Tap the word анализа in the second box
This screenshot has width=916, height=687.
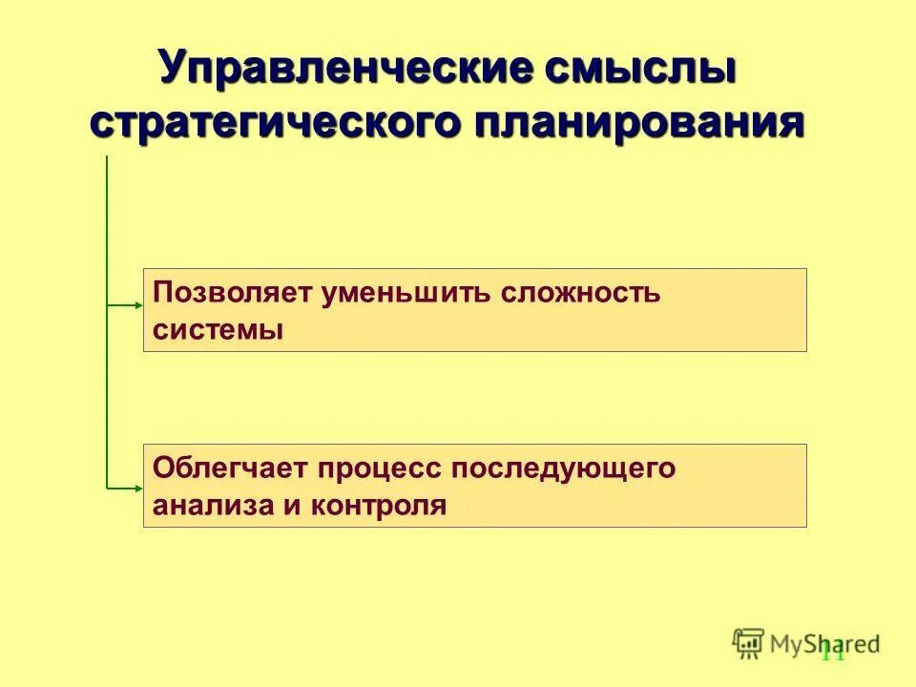pyautogui.click(x=201, y=505)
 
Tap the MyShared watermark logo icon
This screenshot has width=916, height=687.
pyautogui.click(x=748, y=643)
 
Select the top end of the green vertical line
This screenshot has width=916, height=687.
pyautogui.click(x=107, y=157)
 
